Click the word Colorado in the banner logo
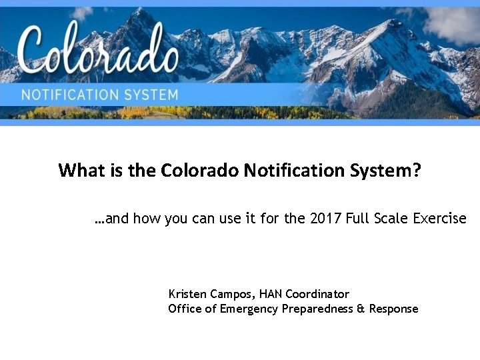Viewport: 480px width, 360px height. coord(99,50)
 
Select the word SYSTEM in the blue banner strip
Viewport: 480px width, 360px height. coord(152,95)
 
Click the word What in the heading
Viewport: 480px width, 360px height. coord(79,171)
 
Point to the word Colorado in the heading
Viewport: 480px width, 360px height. coord(200,171)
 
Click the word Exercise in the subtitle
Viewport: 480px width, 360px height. coord(441,218)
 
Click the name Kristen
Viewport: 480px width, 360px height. coord(188,294)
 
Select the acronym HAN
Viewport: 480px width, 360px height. coord(271,294)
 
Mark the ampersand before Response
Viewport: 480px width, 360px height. coord(361,309)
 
